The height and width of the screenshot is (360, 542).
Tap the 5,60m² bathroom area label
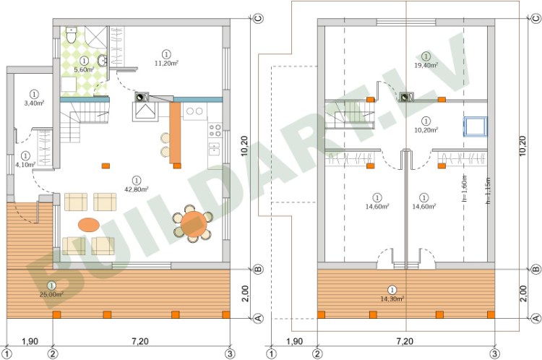coord(85,69)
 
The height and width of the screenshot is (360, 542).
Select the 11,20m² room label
coord(167,62)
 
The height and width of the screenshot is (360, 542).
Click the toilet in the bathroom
coord(70,34)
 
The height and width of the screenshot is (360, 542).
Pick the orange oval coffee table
coord(89,224)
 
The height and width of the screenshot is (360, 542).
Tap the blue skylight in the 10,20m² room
coord(476,126)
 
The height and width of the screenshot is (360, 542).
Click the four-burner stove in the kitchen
coord(215,131)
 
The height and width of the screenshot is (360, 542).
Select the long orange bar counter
coord(175,132)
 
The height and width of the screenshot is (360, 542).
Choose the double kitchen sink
coord(194,111)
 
